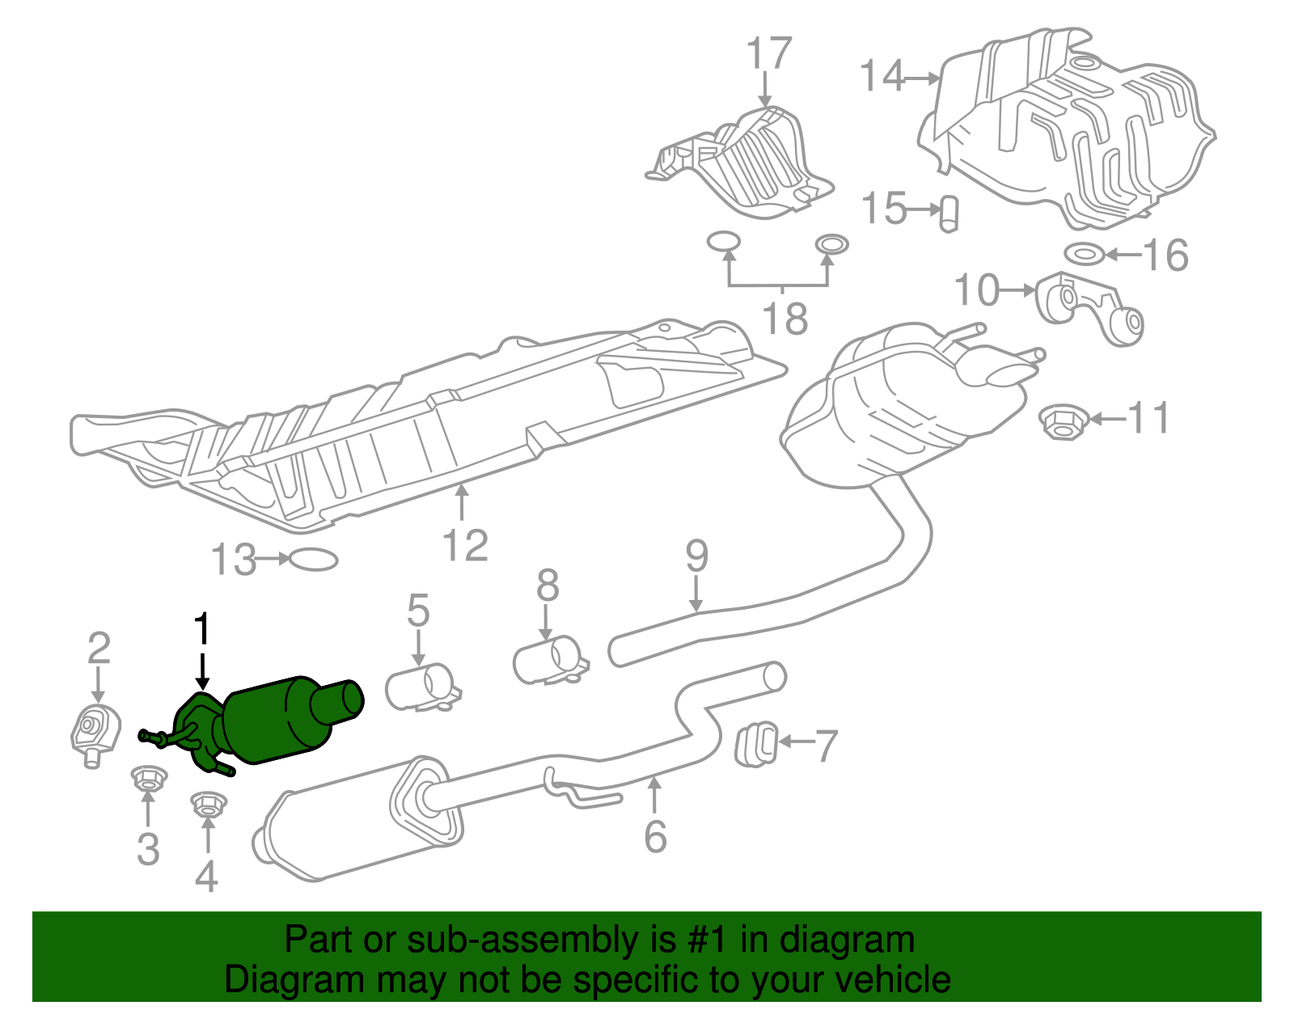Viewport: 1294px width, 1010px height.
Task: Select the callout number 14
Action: point(882,76)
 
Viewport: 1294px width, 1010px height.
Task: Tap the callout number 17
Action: point(768,53)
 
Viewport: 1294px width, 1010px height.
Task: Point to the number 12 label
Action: point(466,546)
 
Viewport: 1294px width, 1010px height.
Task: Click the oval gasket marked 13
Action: point(313,560)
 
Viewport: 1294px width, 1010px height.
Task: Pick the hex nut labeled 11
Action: point(1060,421)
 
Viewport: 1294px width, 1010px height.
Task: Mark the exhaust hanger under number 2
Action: point(95,732)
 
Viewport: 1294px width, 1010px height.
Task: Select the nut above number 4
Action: point(208,804)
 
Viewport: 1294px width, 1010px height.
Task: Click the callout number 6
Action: point(655,835)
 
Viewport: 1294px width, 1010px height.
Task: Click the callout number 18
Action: point(784,319)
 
